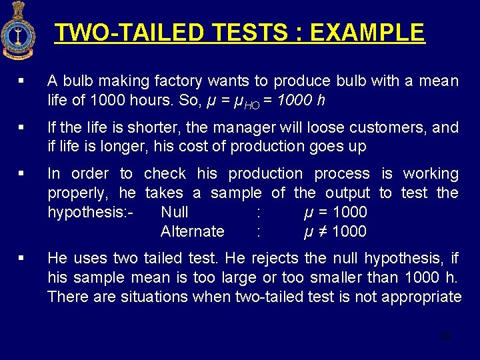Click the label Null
175,212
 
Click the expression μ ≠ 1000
334,231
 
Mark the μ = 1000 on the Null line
334,212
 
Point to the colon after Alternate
258,231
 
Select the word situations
152,297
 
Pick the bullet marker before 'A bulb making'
23,81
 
